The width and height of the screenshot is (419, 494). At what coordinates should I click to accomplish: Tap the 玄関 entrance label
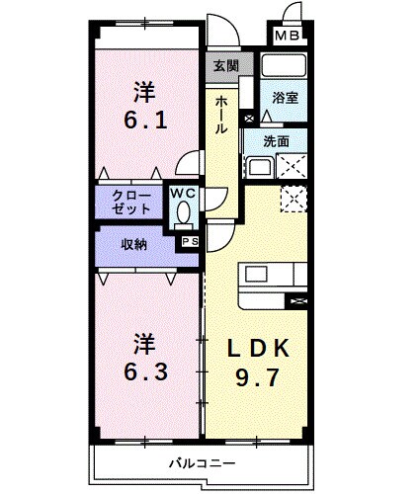click(x=224, y=66)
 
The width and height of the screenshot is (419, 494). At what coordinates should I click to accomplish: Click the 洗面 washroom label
click(x=277, y=141)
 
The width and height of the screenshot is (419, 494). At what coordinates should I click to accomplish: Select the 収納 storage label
click(x=134, y=244)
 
